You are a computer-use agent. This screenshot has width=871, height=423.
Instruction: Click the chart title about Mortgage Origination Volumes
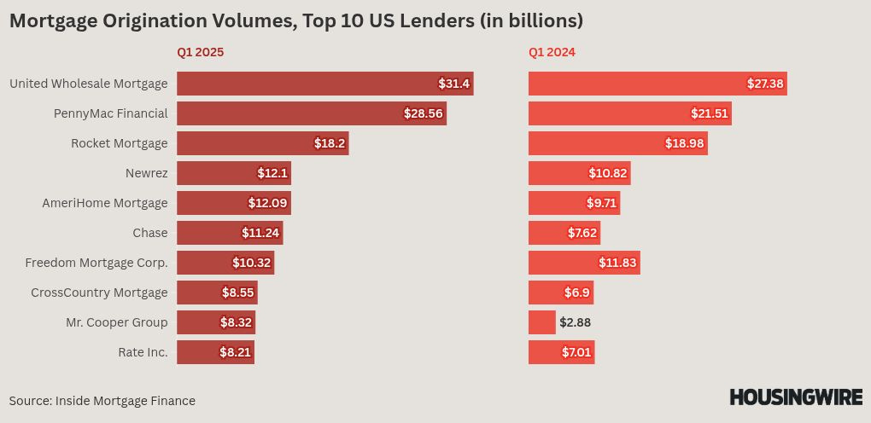[296, 20]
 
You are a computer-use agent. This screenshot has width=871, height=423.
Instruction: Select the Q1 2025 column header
[200, 52]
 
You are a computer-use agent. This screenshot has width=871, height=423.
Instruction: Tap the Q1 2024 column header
[552, 52]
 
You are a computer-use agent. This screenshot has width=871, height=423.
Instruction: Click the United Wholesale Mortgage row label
[88, 84]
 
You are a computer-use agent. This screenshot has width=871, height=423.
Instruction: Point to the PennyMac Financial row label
[110, 113]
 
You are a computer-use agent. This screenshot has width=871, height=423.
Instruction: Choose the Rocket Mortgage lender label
[119, 143]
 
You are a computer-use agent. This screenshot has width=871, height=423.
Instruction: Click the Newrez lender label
[146, 173]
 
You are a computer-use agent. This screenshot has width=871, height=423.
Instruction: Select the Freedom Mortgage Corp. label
[96, 263]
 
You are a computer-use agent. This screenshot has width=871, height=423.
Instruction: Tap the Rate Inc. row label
[143, 352]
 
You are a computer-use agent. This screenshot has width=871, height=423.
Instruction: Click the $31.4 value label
[453, 84]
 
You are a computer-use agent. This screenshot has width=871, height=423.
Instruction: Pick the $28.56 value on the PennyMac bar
[424, 113]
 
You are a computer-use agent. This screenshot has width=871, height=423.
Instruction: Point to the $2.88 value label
[575, 322]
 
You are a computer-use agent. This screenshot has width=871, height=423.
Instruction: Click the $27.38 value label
[765, 84]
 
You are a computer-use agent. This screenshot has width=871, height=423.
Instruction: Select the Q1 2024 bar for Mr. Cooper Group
[541, 322]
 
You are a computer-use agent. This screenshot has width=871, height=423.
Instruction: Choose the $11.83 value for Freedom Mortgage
[617, 263]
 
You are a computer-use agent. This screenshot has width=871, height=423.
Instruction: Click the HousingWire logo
[795, 397]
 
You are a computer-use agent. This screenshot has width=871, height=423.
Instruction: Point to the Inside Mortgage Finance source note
[102, 400]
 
